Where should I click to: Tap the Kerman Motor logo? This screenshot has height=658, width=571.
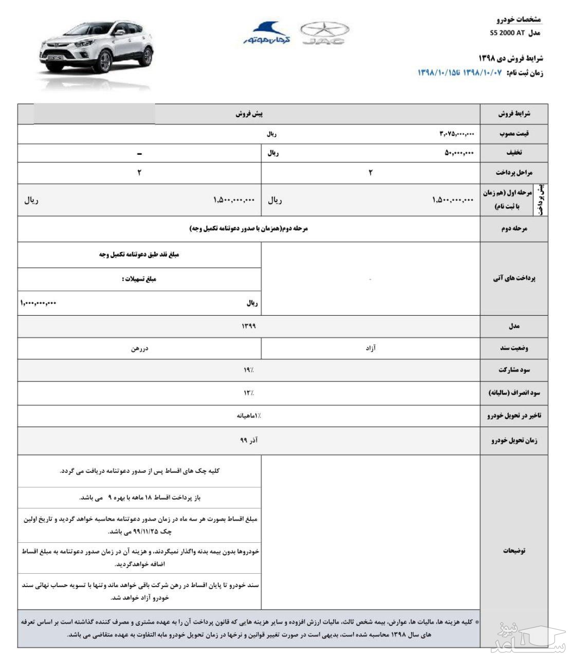pyautogui.click(x=267, y=33)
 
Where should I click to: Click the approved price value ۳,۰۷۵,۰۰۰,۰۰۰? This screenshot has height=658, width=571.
pyautogui.click(x=456, y=134)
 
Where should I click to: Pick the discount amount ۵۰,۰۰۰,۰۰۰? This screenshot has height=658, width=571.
pyautogui.click(x=459, y=153)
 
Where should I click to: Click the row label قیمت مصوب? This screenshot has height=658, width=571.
pyautogui.click(x=514, y=134)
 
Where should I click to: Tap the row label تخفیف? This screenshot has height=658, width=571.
pyautogui.click(x=514, y=153)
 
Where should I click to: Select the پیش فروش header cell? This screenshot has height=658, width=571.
pyautogui.click(x=249, y=114)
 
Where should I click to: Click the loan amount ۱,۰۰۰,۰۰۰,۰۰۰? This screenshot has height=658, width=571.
pyautogui.click(x=39, y=303)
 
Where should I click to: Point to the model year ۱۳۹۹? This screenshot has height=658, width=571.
pyautogui.click(x=248, y=326)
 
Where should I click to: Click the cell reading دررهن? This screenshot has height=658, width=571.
pyautogui.click(x=139, y=348)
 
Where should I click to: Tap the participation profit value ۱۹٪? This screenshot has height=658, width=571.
pyautogui.click(x=249, y=370)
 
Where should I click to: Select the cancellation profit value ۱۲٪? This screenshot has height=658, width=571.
pyautogui.click(x=249, y=393)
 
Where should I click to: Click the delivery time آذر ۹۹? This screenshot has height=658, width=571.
pyautogui.click(x=249, y=441)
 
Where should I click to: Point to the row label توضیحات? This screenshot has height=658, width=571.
pyautogui.click(x=514, y=551)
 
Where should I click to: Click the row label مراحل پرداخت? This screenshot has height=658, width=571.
pyautogui.click(x=514, y=173)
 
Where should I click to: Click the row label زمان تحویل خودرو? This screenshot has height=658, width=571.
pyautogui.click(x=514, y=441)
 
